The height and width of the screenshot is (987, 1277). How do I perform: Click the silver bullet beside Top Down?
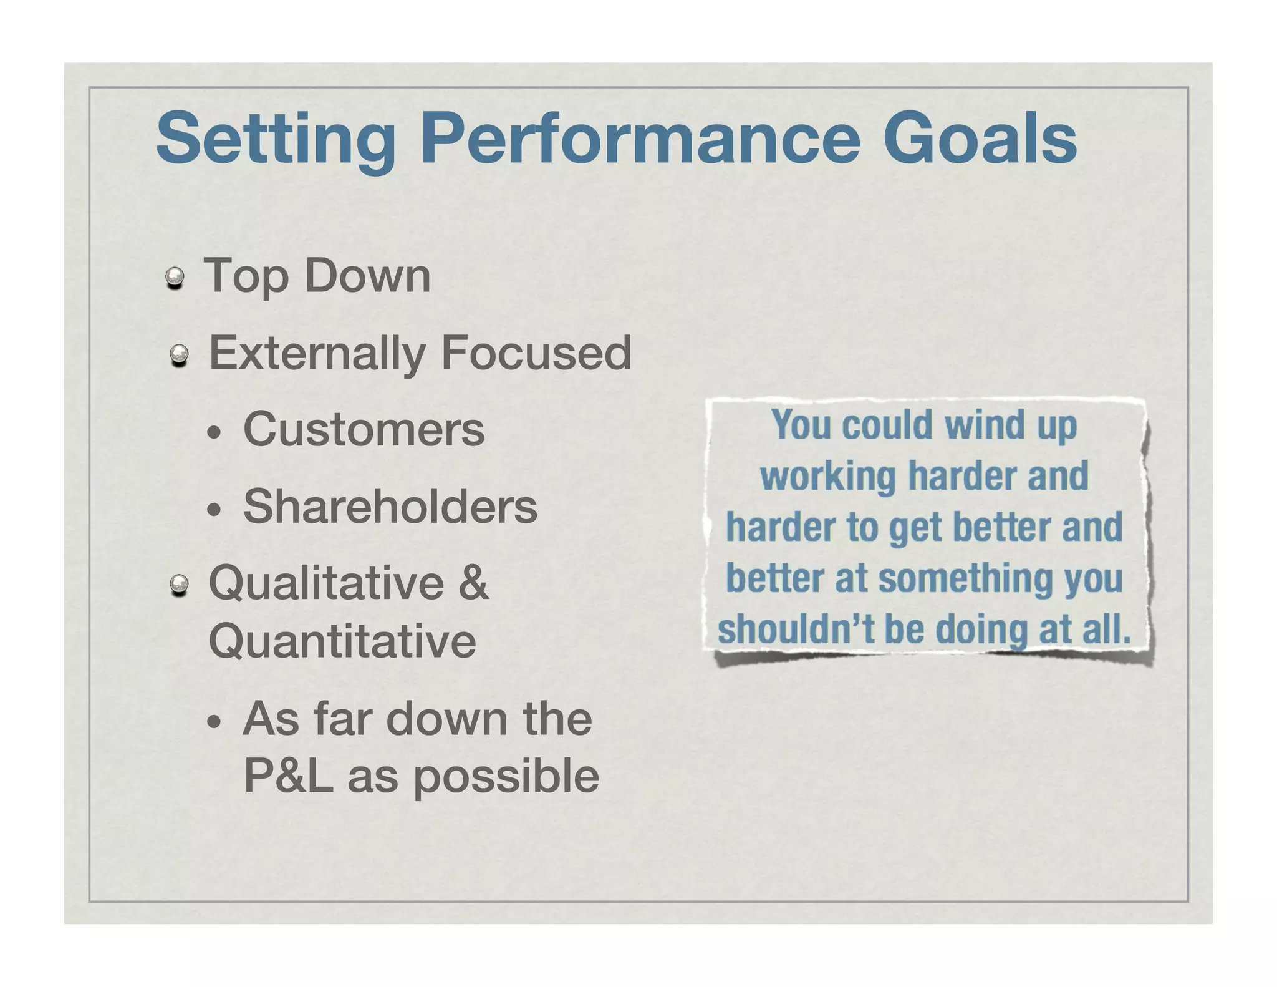pyautogui.click(x=175, y=278)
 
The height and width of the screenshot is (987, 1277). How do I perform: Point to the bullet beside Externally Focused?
pyautogui.click(x=180, y=356)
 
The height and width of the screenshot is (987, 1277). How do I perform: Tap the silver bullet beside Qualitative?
pyautogui.click(x=180, y=585)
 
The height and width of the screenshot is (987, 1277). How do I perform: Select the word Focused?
pyautogui.click(x=536, y=353)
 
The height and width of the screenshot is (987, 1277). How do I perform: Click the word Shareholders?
pyautogui.click(x=390, y=506)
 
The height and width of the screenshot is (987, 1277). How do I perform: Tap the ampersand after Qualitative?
pyautogui.click(x=473, y=582)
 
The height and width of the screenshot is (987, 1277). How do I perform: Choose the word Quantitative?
pyautogui.click(x=342, y=641)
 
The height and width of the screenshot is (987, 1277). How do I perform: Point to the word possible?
pyautogui.click(x=506, y=777)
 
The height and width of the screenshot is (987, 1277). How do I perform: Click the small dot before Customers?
pyautogui.click(x=214, y=434)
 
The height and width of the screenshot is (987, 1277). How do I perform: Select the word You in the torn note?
pyautogui.click(x=801, y=425)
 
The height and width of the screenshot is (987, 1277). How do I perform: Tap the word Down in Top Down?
pyautogui.click(x=367, y=275)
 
